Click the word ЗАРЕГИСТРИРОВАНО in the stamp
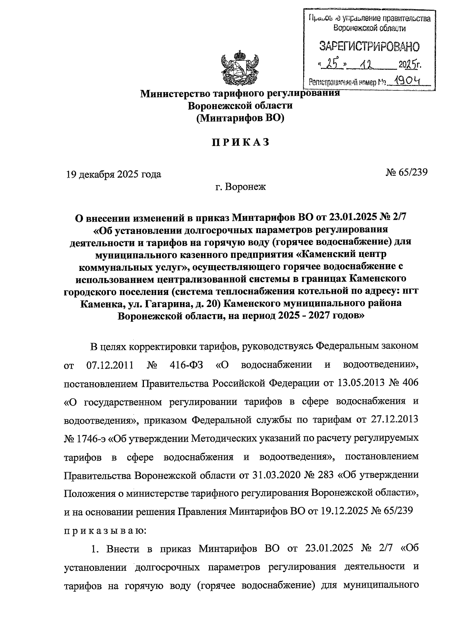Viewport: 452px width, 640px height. [x=369, y=47]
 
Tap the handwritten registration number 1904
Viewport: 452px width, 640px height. [x=408, y=81]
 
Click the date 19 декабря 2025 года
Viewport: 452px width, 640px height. [x=113, y=174]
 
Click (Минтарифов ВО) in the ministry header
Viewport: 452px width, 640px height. [x=240, y=118]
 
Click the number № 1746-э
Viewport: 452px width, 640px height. [x=85, y=438]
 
